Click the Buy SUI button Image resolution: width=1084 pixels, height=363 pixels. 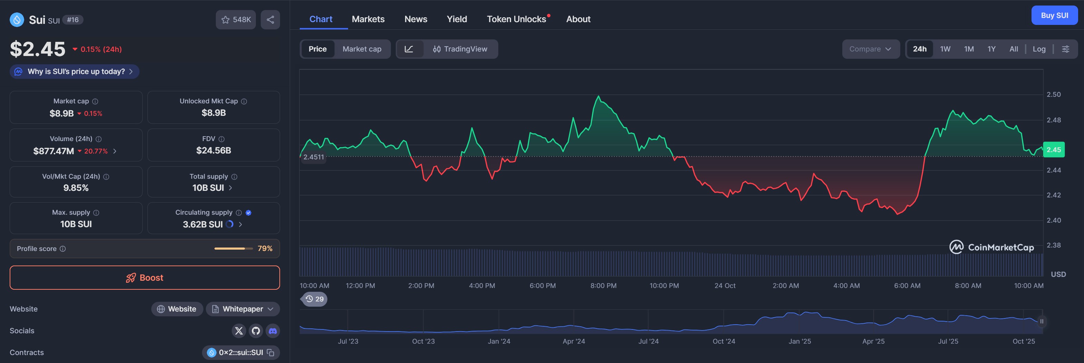pyautogui.click(x=1054, y=16)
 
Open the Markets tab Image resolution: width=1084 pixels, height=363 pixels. pyautogui.click(x=368, y=19)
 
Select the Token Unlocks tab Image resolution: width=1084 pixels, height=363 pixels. pyautogui.click(x=516, y=19)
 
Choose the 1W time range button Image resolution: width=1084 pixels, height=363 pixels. pyautogui.click(x=945, y=49)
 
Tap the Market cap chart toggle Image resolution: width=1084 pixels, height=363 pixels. pyautogui.click(x=362, y=49)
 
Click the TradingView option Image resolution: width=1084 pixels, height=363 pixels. pyautogui.click(x=460, y=49)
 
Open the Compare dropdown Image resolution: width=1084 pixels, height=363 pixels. pyautogui.click(x=870, y=49)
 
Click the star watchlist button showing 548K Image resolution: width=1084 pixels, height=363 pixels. pyautogui.click(x=236, y=20)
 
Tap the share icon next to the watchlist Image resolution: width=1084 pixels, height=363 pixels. pyautogui.click(x=270, y=20)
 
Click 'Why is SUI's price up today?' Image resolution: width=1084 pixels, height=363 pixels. pyautogui.click(x=75, y=72)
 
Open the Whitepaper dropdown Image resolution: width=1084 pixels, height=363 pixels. pyautogui.click(x=243, y=309)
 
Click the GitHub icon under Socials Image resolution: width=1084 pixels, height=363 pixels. pyautogui.click(x=256, y=331)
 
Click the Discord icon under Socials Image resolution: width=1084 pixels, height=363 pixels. pyautogui.click(x=273, y=331)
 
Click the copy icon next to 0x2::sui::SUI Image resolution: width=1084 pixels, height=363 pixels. pyautogui.click(x=271, y=353)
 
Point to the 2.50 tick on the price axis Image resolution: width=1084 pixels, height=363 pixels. pyautogui.click(x=1053, y=94)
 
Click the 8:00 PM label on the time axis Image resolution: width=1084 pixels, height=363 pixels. pyautogui.click(x=603, y=286)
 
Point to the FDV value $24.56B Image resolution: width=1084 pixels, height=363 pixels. pyautogui.click(x=213, y=150)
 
